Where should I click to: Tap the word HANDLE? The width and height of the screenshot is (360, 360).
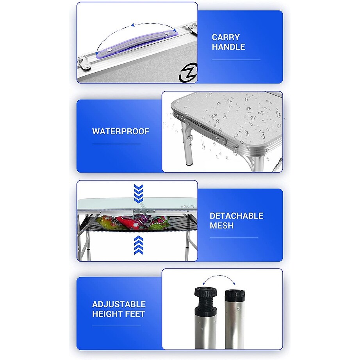coord(228,47)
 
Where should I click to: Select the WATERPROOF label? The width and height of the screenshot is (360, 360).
coord(121,131)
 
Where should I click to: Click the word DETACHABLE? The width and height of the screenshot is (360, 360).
coord(237,216)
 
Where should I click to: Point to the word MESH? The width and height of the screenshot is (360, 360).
coord(221,225)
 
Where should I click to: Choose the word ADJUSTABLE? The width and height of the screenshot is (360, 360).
coord(119,304)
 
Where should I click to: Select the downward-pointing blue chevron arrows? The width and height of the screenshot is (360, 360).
coord(139,193)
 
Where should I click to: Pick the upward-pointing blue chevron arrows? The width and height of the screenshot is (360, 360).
coord(139,246)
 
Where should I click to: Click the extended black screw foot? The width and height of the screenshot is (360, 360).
coord(206,299)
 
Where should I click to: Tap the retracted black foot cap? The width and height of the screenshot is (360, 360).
coord(235,295)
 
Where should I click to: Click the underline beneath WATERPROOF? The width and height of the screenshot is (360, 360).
coord(116,144)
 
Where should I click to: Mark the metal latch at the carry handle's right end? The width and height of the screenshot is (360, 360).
coord(192,29)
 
